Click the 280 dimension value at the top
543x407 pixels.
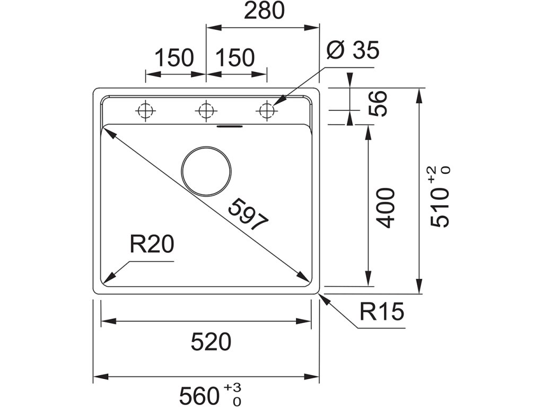point(264,12)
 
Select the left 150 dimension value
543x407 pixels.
point(174,58)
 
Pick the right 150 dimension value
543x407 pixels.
point(235,58)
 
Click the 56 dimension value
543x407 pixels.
point(378,103)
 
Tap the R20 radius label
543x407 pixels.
point(152,245)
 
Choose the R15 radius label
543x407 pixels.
point(381,313)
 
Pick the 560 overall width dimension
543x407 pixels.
point(199,395)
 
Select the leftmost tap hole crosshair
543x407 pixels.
point(145,111)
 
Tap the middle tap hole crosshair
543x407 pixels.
point(205,111)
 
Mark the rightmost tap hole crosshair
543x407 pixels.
point(266,111)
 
